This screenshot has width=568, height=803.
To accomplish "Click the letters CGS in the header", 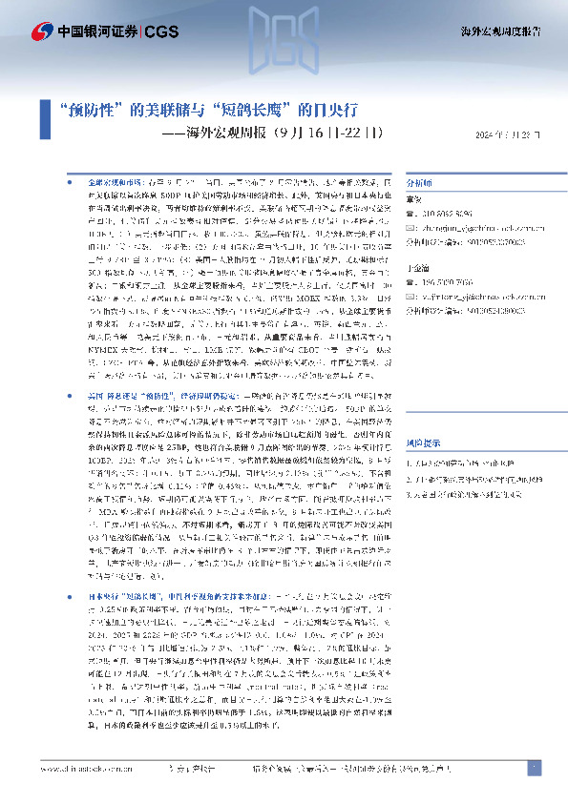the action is coord(158,31).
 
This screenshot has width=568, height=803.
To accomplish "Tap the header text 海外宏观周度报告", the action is coord(508,31).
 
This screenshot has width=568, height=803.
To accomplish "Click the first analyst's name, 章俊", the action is coord(416,200).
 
